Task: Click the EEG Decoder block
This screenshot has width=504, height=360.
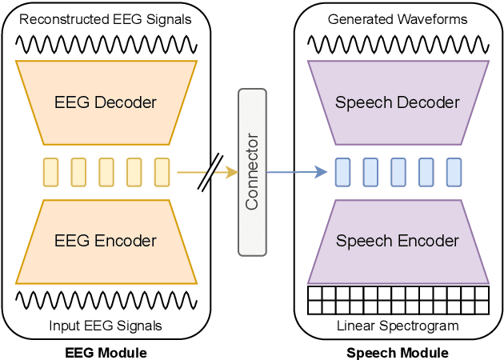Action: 106,102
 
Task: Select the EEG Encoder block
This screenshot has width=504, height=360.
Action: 106,241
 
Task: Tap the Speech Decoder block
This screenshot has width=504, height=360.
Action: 398,102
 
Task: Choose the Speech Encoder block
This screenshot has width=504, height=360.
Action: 398,241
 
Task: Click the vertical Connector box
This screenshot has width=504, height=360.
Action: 252,172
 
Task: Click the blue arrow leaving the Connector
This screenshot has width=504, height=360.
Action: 296,172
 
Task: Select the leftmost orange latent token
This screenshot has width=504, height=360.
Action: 50,172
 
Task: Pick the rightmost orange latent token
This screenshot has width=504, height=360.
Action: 162,172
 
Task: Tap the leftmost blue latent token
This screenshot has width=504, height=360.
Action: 342,172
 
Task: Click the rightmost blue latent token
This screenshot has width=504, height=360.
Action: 454,172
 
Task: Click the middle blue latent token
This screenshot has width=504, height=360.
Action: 398,172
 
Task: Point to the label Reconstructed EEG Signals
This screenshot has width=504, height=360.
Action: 106,19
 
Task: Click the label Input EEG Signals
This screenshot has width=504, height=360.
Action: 106,326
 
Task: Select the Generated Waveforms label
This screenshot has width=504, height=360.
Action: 398,19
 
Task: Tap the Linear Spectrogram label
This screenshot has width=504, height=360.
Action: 398,326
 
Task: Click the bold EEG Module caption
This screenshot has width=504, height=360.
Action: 106,352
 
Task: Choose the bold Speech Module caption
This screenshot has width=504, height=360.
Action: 398,352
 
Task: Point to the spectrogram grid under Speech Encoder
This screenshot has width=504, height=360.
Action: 398,300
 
